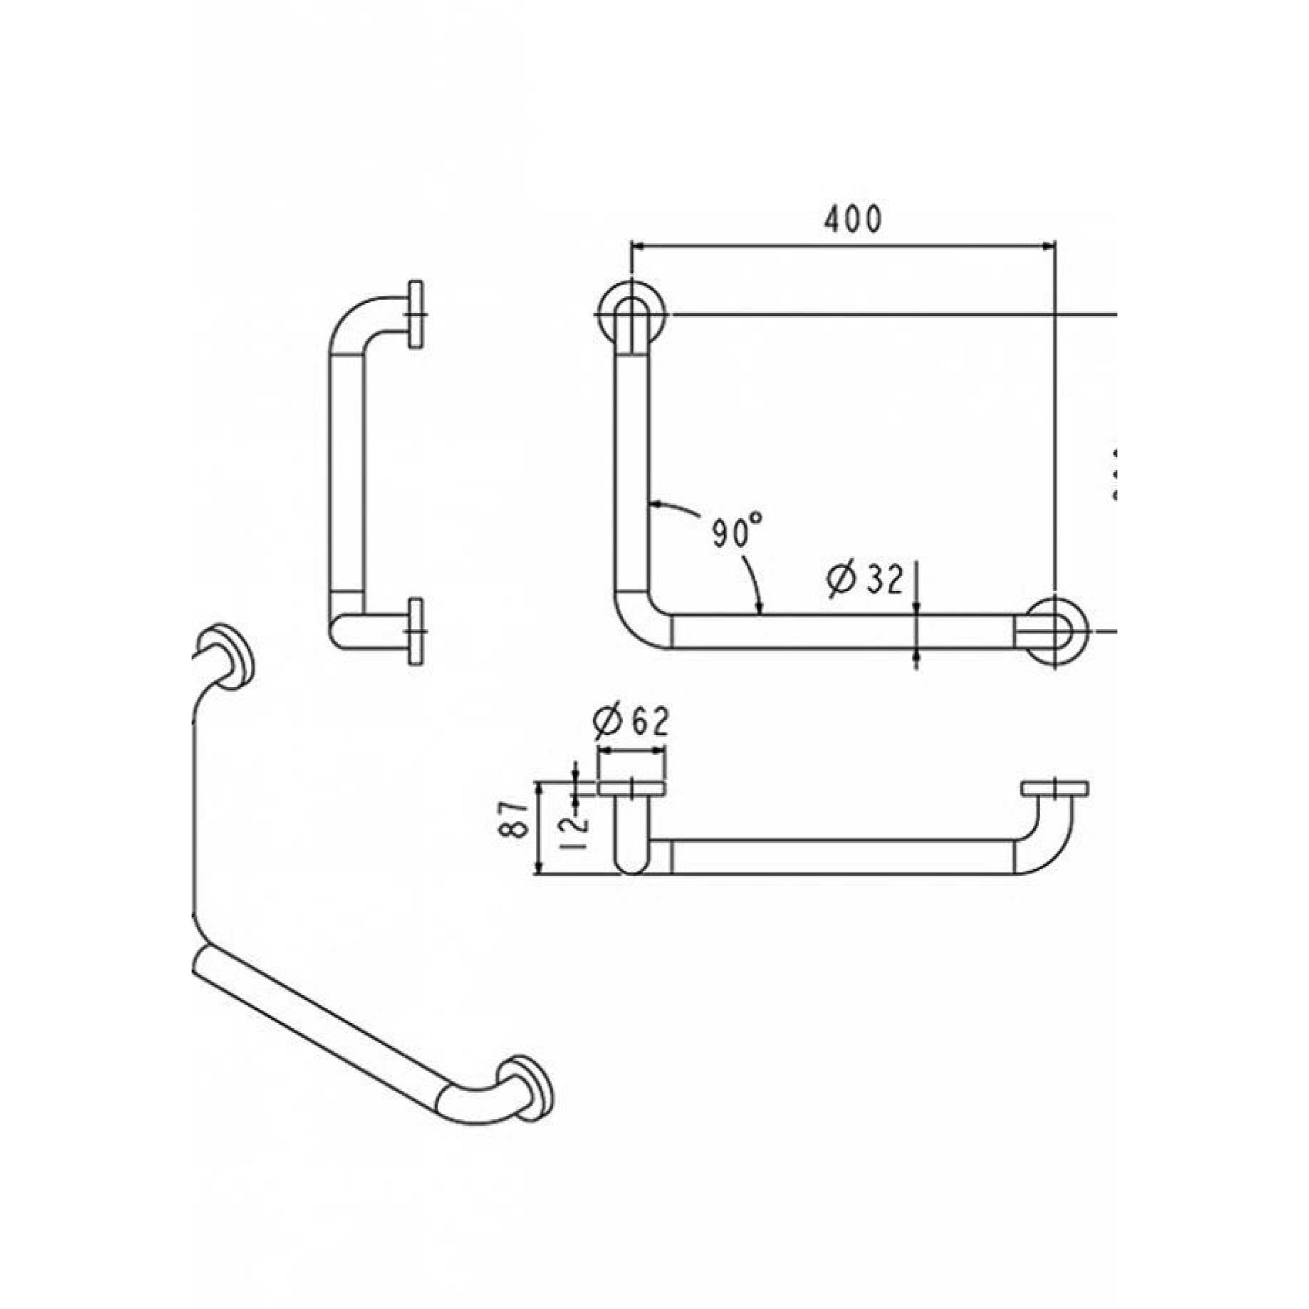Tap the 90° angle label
click(x=737, y=531)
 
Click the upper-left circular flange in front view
click(x=631, y=314)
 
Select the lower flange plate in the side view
click(x=416, y=631)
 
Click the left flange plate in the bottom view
click(x=631, y=788)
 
